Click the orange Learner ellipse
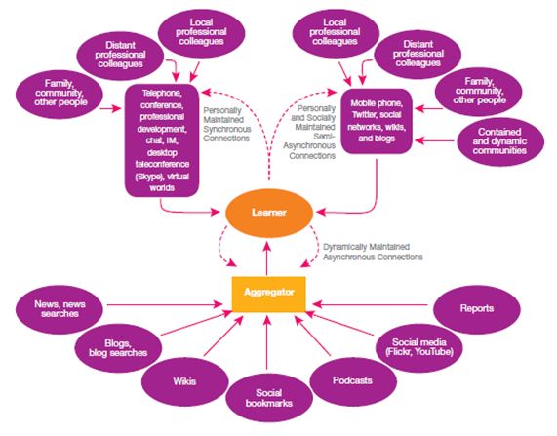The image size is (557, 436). (269, 213)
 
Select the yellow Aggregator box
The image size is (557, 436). (269, 294)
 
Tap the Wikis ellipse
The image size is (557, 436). (184, 382)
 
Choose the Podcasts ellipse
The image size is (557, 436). (353, 381)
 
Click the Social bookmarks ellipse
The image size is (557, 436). (269, 398)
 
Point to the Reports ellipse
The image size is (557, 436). (477, 308)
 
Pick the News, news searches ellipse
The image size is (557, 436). (60, 309)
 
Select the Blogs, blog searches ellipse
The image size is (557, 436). (118, 348)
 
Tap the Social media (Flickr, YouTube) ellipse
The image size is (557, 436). (419, 347)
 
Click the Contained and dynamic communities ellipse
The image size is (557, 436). (500, 141)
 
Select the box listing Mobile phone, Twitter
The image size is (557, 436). (377, 121)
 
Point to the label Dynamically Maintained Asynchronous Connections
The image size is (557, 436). (373, 252)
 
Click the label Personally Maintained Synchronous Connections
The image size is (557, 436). (227, 125)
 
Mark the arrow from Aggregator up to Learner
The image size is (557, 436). (266, 258)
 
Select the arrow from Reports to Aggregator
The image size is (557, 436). (371, 304)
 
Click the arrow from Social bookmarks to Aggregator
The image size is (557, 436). (267, 341)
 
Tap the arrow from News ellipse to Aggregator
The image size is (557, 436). (165, 304)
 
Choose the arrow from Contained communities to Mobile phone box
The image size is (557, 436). (435, 140)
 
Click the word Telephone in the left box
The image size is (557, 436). (162, 93)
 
